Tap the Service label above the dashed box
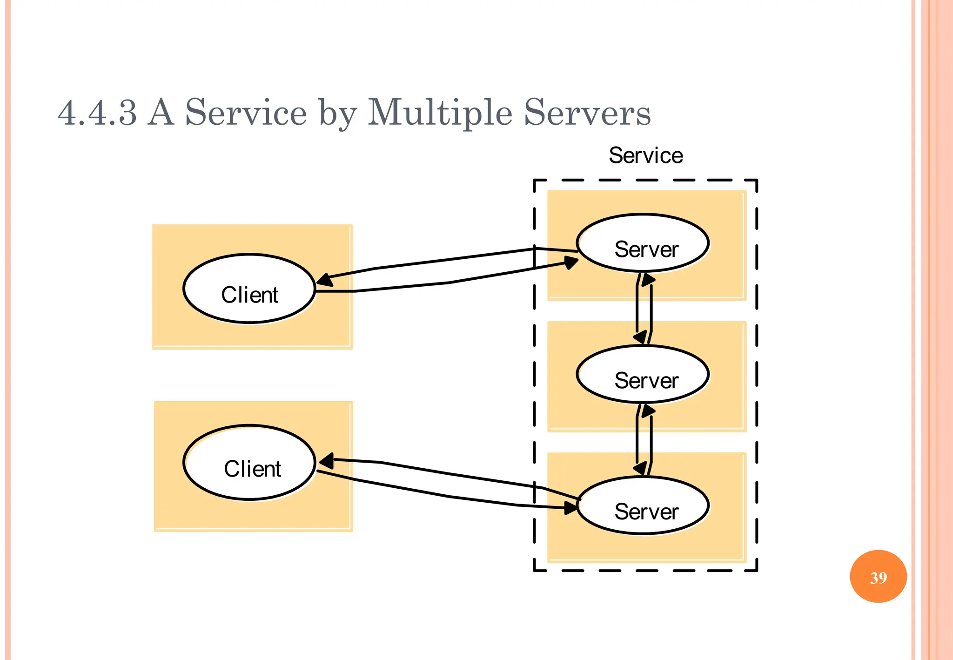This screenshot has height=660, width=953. [x=645, y=155]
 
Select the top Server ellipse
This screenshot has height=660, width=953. [x=643, y=243]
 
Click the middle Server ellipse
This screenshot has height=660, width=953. [x=643, y=374]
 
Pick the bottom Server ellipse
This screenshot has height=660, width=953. [x=643, y=505]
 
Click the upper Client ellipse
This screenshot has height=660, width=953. [x=249, y=289]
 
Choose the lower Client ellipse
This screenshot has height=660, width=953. [x=249, y=463]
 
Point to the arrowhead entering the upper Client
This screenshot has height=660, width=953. [x=324, y=280]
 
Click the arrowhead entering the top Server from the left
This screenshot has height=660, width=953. [x=571, y=263]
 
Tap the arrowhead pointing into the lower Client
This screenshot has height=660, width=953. [x=327, y=461]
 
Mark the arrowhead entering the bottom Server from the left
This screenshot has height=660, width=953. [x=570, y=508]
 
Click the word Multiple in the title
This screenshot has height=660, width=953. [x=440, y=113]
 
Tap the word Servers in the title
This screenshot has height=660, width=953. [x=587, y=113]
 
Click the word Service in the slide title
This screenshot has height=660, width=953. [x=246, y=113]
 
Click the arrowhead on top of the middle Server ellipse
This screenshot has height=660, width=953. [x=641, y=337]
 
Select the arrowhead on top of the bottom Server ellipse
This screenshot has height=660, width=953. [x=641, y=468]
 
